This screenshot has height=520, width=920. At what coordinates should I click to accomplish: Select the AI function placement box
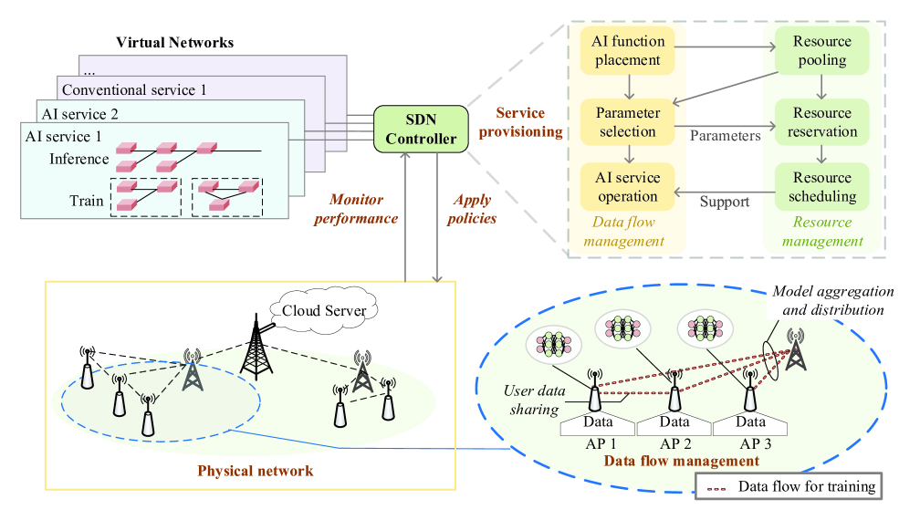pyautogui.click(x=626, y=50)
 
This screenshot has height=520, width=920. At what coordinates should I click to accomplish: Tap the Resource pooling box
pyautogui.click(x=821, y=51)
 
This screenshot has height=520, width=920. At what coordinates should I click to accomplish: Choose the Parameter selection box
pyautogui.click(x=626, y=122)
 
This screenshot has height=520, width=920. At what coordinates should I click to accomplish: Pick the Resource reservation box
pyautogui.click(x=821, y=122)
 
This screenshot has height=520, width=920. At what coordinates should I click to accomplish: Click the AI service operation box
pyautogui.click(x=626, y=186)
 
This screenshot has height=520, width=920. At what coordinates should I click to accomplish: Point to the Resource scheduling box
pyautogui.click(x=821, y=186)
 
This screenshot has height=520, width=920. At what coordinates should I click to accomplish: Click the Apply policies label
pyautogui.click(x=473, y=209)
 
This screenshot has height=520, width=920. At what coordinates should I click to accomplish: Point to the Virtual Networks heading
pyautogui.click(x=174, y=43)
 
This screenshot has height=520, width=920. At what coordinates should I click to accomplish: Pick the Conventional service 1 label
pyautogui.click(x=133, y=90)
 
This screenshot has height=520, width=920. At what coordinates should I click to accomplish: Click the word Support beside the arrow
pyautogui.click(x=726, y=201)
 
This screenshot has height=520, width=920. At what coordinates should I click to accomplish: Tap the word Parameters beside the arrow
pyautogui.click(x=725, y=136)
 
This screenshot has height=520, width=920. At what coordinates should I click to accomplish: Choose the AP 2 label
pyautogui.click(x=674, y=444)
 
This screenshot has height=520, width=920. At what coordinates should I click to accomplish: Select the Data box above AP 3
pyautogui.click(x=750, y=422)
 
